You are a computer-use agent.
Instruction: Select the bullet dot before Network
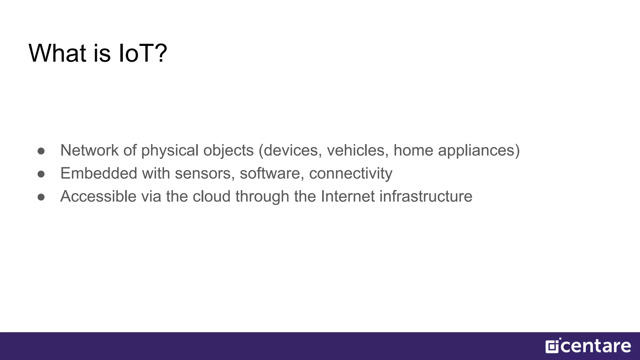pos(41,151)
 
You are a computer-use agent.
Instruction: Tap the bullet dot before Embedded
pos(41,174)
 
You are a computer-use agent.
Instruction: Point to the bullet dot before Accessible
pos(41,197)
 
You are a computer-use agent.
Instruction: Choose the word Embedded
pos(99,173)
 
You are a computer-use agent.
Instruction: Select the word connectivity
pos(351,174)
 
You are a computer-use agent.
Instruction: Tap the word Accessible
pos(98,197)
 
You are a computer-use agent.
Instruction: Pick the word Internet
pos(348,197)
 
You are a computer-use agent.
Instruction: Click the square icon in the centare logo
pos(552,347)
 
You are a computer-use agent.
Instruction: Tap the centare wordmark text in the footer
pos(596,347)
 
